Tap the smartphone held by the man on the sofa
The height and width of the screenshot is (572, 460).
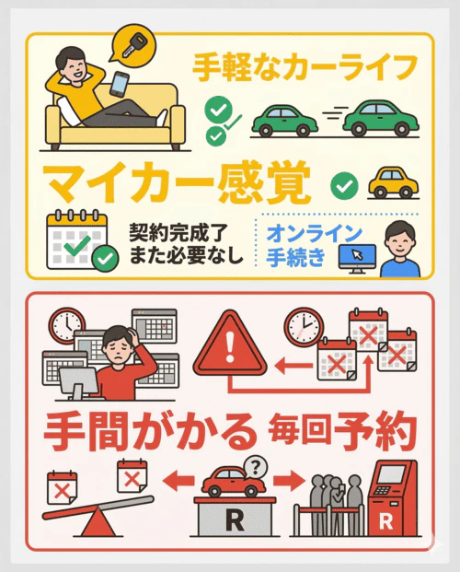click(121, 84)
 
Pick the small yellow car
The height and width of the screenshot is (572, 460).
click(393, 182)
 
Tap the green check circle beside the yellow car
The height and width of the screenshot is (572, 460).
click(343, 185)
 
